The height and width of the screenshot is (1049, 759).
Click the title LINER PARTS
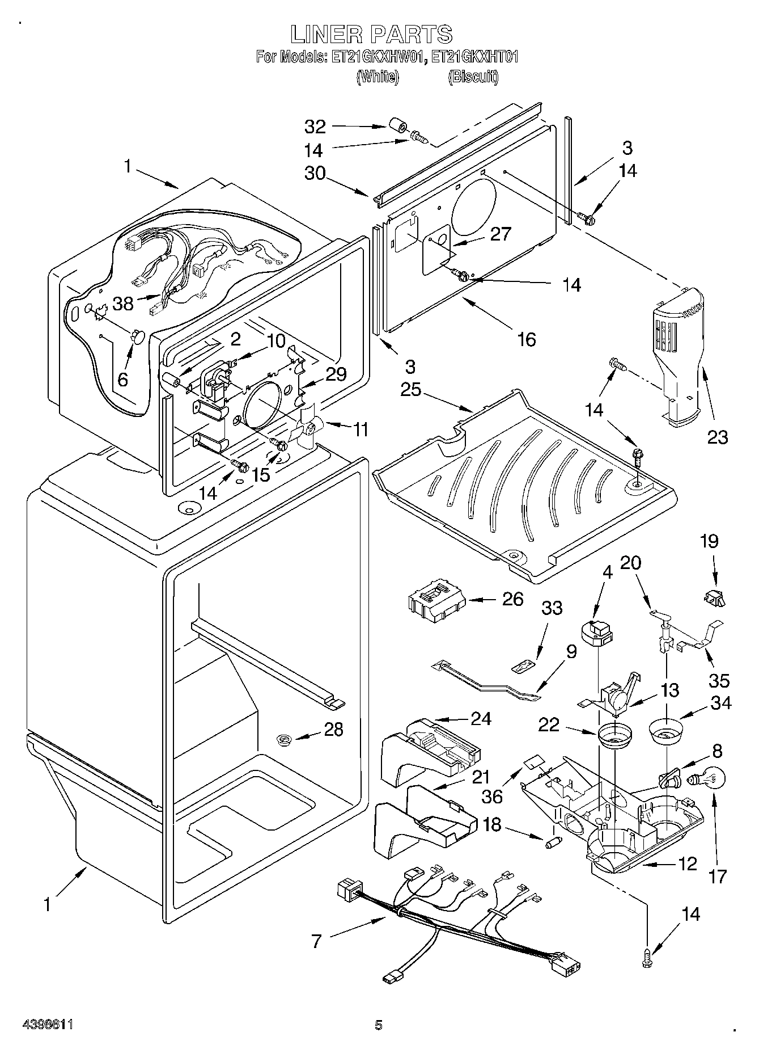(371, 35)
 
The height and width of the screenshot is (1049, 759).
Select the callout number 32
(316, 127)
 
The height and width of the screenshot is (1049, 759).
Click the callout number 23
(717, 437)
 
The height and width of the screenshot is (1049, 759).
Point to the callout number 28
(333, 728)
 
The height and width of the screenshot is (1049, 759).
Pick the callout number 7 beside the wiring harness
(316, 941)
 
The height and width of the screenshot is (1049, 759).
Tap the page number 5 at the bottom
(379, 1025)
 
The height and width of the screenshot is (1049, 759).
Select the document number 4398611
(48, 1025)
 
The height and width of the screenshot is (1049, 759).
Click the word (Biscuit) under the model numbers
(473, 77)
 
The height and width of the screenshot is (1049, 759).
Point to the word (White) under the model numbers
(378, 77)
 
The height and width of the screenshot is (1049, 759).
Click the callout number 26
(512, 599)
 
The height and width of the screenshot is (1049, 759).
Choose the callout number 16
(527, 339)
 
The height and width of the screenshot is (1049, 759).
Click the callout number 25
(412, 390)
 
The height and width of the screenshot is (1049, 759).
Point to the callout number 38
(122, 304)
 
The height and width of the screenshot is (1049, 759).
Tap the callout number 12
(686, 863)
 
